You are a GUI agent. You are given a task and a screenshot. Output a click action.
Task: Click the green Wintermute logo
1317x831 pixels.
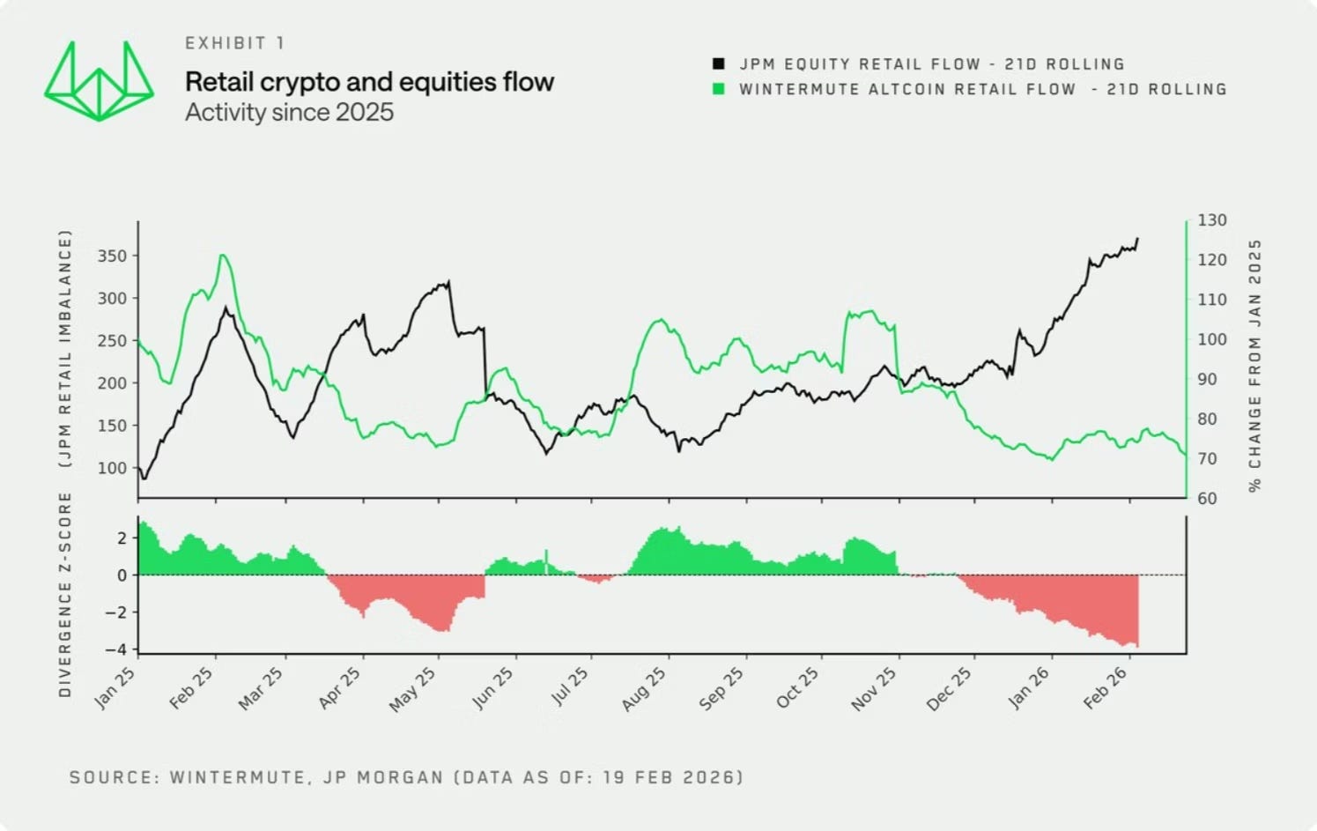pos(99,81)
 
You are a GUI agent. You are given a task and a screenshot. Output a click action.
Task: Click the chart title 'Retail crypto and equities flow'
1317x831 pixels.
pos(369,82)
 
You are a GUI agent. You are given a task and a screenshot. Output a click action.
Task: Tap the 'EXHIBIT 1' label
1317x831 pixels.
pos(234,43)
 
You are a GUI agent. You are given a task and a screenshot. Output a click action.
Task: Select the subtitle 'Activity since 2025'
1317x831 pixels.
pos(289,112)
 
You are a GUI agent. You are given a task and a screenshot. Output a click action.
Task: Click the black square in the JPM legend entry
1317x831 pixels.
pos(719,63)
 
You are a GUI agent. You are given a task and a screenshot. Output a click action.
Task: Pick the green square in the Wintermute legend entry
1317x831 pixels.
pos(719,89)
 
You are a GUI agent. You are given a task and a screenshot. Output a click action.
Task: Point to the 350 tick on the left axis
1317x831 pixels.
pos(112,256)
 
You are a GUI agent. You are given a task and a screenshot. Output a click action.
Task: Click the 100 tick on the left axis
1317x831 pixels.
pos(112,468)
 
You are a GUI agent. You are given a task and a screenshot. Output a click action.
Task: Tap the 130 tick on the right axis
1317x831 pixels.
pos(1212,220)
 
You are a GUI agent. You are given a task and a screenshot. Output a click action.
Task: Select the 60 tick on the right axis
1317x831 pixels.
pos(1207,499)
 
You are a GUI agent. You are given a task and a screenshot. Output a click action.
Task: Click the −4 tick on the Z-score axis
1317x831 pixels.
pos(115,649)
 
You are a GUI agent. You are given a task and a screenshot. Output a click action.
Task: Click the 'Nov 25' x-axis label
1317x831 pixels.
pos(874,689)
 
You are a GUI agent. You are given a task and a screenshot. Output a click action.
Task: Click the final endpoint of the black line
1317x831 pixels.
pos(1138,238)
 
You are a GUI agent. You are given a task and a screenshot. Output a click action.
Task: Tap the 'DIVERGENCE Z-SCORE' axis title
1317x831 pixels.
pos(65,595)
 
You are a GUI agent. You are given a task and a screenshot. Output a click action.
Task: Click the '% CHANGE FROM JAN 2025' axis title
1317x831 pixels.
pos(1255,366)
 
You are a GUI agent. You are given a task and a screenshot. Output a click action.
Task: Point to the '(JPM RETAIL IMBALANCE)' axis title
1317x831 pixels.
pos(65,349)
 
